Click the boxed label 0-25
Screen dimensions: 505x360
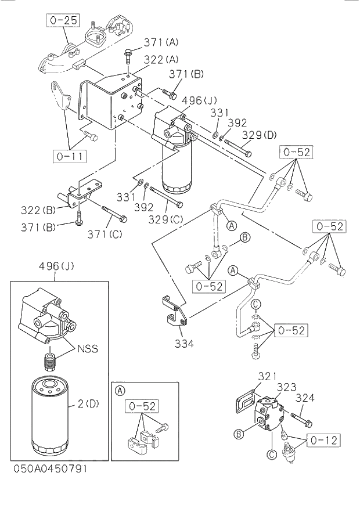(x=63, y=20)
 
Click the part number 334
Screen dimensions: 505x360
(x=183, y=343)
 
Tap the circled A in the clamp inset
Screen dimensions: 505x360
(x=120, y=390)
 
